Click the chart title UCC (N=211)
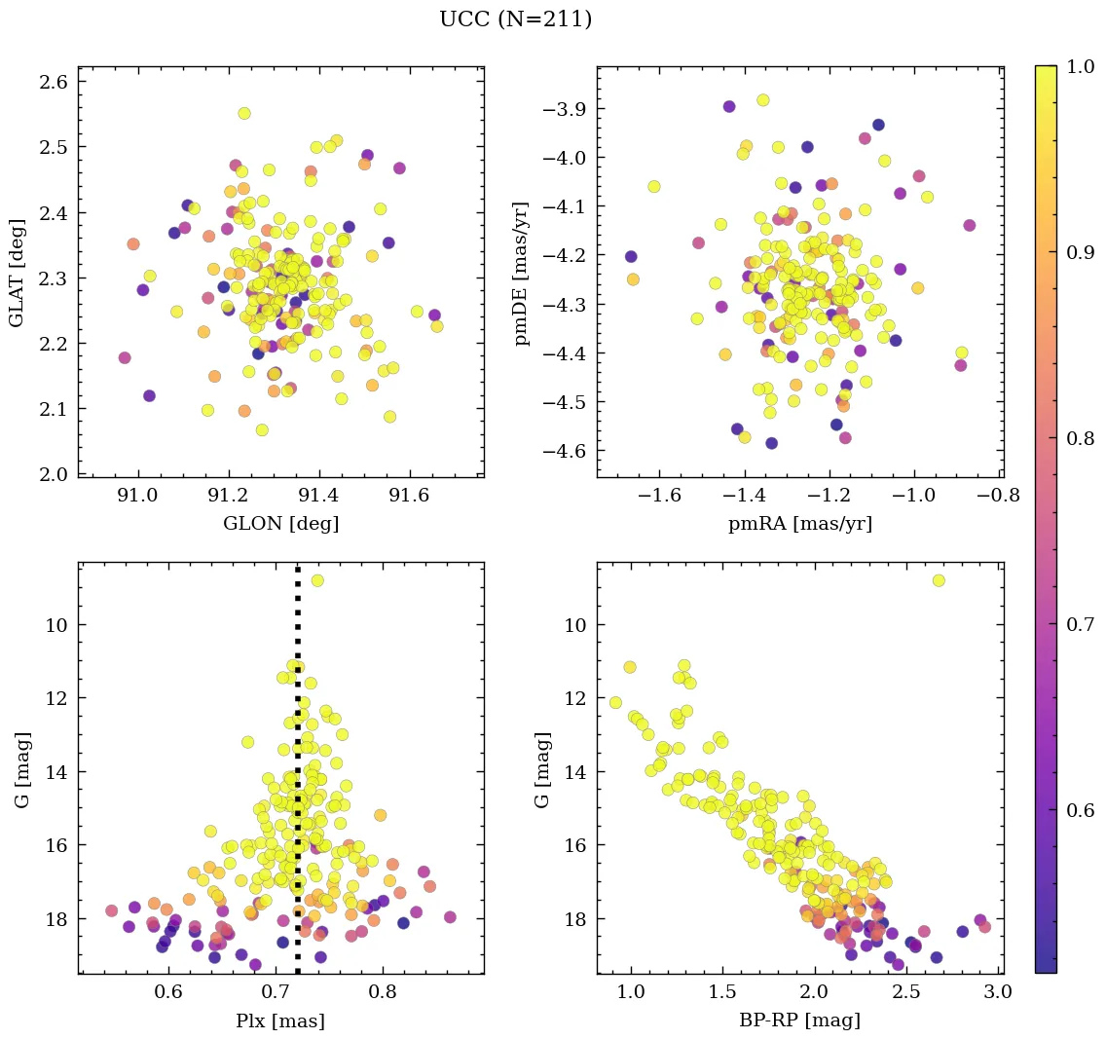pos(515,19)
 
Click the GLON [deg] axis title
pos(280,524)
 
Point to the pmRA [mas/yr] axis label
pos(799,524)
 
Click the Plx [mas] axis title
pos(280,1021)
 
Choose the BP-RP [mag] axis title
pos(799,1021)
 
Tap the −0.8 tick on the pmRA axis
pos(1000,497)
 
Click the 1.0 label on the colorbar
pos(1080,66)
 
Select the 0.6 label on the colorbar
pos(1080,812)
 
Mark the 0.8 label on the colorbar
pos(1080,439)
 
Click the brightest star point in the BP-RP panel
pos(939,580)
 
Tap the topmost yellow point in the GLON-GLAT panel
pos(244,113)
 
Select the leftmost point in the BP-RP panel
pos(615,703)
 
